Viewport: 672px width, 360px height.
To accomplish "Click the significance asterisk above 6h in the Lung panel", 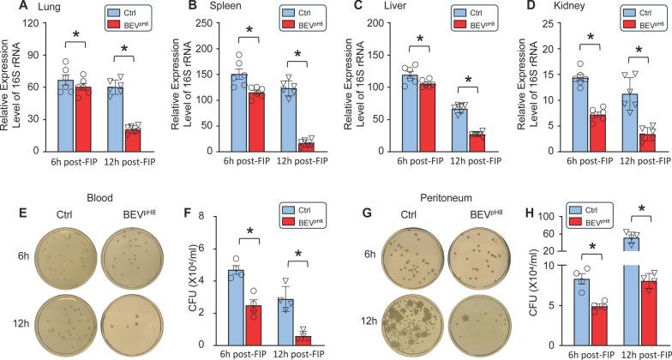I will [x=75, y=34].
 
